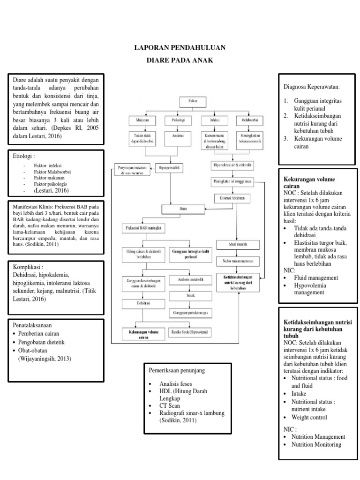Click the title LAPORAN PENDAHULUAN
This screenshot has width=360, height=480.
click(x=180, y=48)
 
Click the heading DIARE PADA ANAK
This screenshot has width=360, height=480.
click(x=180, y=60)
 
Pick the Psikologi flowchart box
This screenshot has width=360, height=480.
click(x=175, y=120)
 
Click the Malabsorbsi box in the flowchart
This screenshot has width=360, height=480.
click(x=248, y=120)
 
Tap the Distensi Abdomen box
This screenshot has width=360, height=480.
click(x=232, y=199)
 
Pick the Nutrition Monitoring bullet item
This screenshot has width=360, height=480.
click(x=316, y=444)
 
